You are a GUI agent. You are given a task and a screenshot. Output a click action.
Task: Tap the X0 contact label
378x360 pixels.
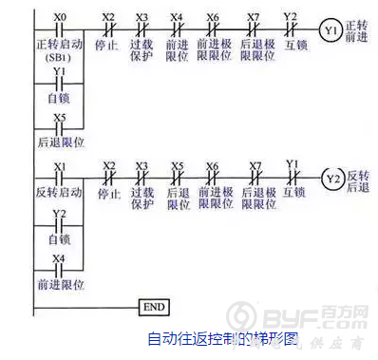[61, 17]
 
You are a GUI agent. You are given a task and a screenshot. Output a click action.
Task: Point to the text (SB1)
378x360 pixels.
[60, 58]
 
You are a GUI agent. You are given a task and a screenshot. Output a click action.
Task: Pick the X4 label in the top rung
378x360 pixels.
[177, 17]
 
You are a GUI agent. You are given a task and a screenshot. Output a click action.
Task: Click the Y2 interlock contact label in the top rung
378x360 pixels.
[291, 16]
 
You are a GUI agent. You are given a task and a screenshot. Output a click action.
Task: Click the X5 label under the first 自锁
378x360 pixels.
[60, 118]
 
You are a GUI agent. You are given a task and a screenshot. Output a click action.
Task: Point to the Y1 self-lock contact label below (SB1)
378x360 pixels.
[60, 71]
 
